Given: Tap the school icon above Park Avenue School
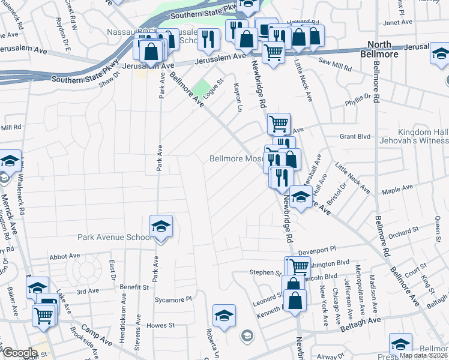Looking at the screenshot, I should [x=160, y=227].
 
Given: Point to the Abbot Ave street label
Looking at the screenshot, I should [x=65, y=256].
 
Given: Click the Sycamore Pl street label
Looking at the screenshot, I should [x=172, y=298].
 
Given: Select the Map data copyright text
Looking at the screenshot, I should [x=424, y=355].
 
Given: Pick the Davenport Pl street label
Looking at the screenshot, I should [x=331, y=247].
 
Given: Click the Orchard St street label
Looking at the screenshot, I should [x=403, y=232].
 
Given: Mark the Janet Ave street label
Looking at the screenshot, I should [x=397, y=22].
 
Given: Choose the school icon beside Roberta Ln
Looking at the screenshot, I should [x=224, y=315].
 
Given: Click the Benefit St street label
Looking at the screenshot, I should [x=137, y=288].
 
